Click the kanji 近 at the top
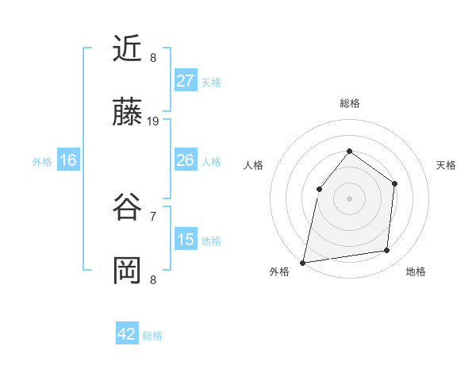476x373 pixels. tap(128, 48)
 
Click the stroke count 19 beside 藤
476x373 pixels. tap(153, 121)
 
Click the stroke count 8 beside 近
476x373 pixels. tap(153, 57)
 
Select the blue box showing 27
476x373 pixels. tap(185, 81)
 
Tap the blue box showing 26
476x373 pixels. tap(185, 160)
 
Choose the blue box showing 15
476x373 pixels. tap(185, 240)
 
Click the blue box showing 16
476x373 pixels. tap(68, 160)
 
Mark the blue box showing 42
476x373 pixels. tap(127, 334)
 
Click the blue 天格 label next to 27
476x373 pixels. tap(211, 83)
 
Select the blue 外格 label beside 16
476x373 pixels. tap(42, 162)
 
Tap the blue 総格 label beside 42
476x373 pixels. tap(152, 336)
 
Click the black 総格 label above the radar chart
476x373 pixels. tap(349, 103)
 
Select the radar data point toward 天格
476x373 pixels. tap(394, 183)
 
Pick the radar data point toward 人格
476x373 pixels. tap(319, 188)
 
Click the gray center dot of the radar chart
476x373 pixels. tap(349, 198)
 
